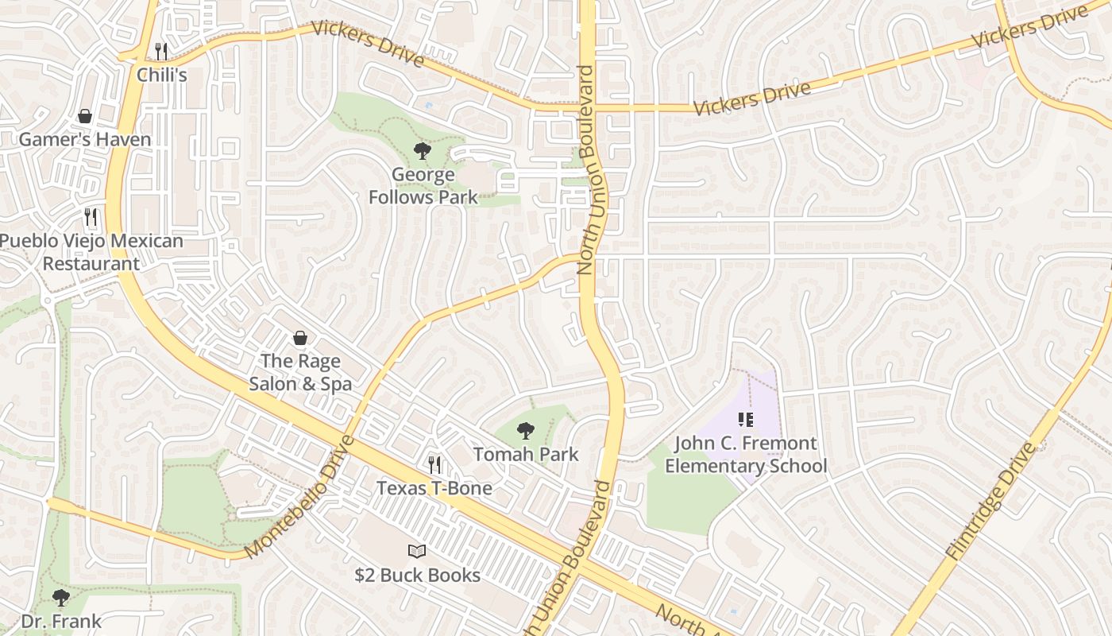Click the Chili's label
point(161,75)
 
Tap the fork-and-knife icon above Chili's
point(161,52)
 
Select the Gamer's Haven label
point(84,140)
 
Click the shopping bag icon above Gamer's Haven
point(85,117)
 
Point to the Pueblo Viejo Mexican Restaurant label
point(91,252)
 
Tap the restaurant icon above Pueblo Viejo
point(91,217)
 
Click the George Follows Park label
point(423,186)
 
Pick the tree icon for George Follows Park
point(423,150)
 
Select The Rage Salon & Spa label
point(300,372)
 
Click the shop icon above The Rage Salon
point(300,339)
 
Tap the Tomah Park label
point(526,455)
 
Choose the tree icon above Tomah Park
point(525,431)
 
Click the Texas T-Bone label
point(434,488)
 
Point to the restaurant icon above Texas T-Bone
point(434,464)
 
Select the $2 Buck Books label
point(417,575)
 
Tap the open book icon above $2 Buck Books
point(417,551)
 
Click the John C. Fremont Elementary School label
point(746,455)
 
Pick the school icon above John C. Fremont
point(745,419)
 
